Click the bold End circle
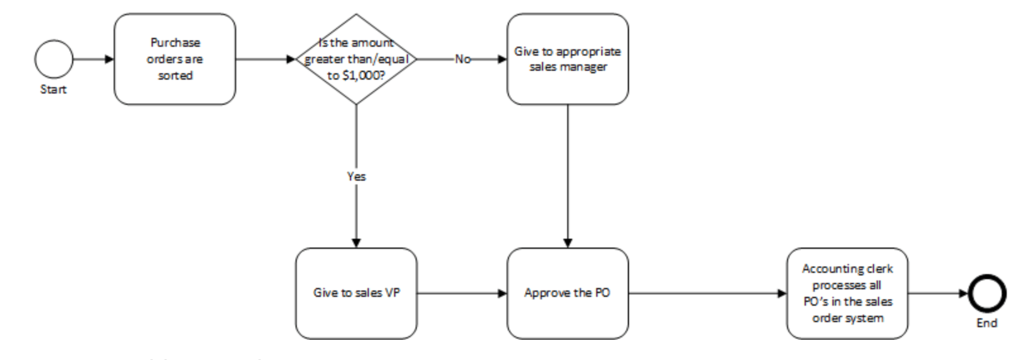[987, 294]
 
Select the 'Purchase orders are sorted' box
[175, 59]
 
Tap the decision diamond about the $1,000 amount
[356, 59]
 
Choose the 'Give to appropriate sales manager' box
[567, 59]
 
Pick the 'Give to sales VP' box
[356, 294]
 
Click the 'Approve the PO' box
[567, 294]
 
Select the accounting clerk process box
[847, 294]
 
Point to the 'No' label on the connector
[463, 59]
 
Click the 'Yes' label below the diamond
[356, 177]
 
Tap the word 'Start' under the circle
[53, 90]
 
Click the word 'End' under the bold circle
[987, 323]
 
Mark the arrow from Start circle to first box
[93, 59]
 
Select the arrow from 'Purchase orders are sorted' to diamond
[265, 59]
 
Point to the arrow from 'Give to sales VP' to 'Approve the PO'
[462, 294]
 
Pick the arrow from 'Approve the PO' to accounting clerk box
[707, 294]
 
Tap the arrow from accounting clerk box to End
[938, 294]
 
